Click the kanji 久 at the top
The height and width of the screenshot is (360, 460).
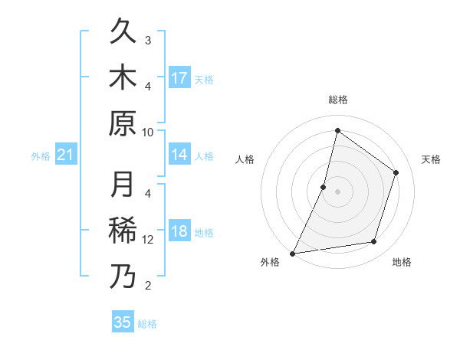[x=123, y=33]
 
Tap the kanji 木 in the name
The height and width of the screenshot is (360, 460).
[x=123, y=78]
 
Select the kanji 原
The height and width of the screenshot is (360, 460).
[x=123, y=123]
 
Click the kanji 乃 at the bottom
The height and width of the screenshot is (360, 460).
[x=123, y=277]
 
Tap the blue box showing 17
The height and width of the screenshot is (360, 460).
[x=179, y=78]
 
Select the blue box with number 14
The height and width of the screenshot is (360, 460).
[x=179, y=155]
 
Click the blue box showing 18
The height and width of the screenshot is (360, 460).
[x=179, y=232]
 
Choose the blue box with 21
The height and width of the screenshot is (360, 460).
[x=65, y=155]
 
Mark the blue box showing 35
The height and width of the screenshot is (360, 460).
[x=123, y=322]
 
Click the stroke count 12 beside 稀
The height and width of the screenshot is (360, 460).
[x=148, y=240]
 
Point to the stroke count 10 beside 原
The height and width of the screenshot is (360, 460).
[x=148, y=132]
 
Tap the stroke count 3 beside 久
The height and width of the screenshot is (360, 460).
[x=148, y=40]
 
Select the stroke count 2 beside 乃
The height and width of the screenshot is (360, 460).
[x=148, y=286]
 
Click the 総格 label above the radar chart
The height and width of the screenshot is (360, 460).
[x=337, y=100]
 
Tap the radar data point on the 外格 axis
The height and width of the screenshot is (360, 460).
[x=292, y=253]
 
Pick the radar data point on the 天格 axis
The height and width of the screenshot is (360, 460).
[x=396, y=172]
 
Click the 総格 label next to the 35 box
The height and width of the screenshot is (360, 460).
[x=148, y=323]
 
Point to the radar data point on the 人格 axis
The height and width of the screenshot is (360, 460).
[x=324, y=187]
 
